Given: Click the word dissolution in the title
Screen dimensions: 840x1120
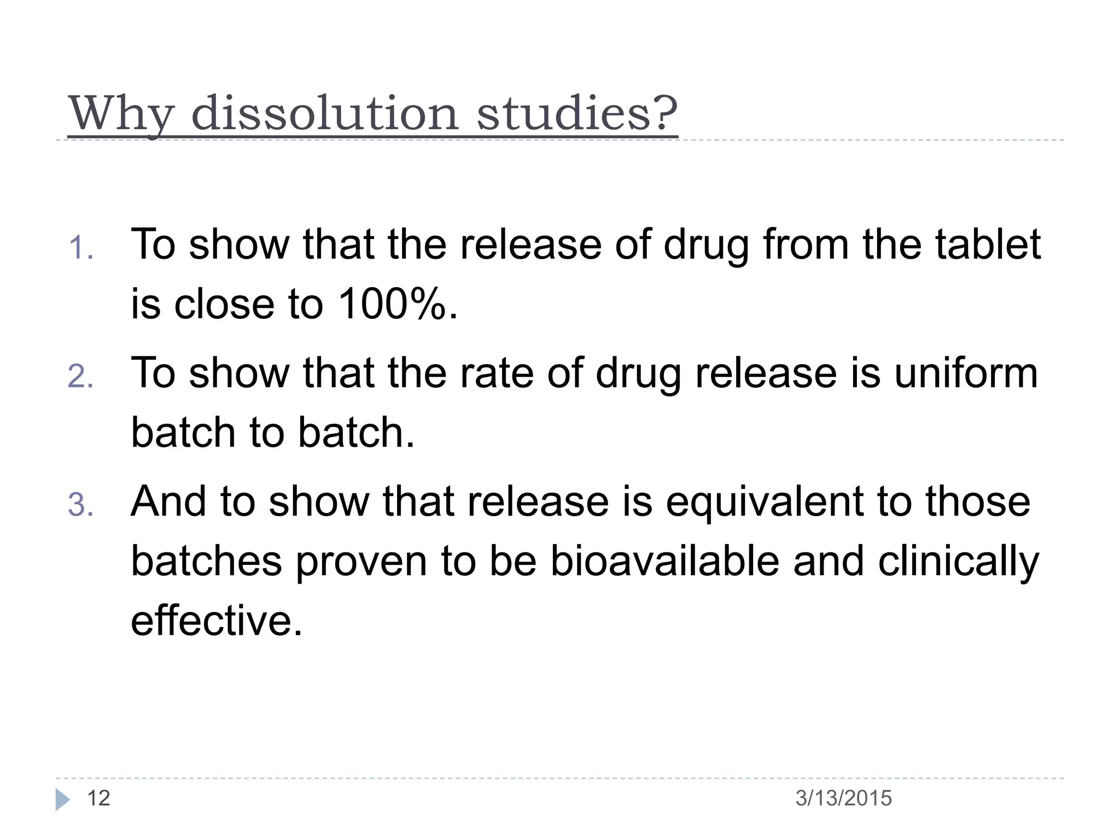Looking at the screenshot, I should [x=325, y=113].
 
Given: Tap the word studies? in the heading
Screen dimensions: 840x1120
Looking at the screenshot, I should [x=577, y=113].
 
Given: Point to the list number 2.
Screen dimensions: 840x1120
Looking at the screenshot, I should [x=80, y=377].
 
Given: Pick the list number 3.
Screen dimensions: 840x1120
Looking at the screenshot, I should [x=80, y=505].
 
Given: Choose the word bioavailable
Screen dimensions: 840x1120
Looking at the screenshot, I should [x=664, y=561].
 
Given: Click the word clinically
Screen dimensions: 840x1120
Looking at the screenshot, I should [x=958, y=562].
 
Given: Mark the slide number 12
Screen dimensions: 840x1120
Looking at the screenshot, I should [x=99, y=798].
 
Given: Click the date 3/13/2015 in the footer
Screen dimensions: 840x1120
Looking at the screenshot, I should [x=843, y=798].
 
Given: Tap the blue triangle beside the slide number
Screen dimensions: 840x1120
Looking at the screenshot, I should [x=63, y=800].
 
